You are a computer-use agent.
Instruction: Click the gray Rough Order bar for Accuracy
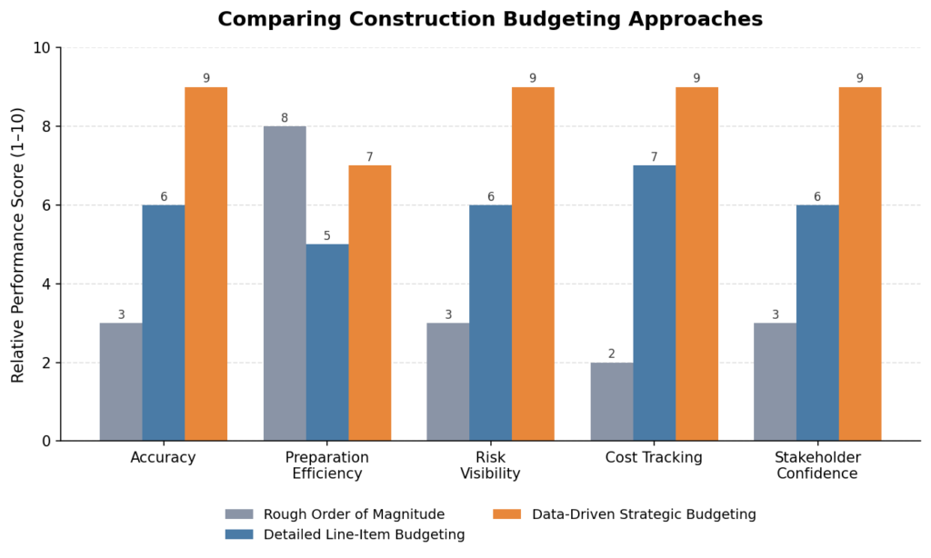pyautogui.click(x=121, y=382)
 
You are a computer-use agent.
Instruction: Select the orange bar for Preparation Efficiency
pyautogui.click(x=370, y=303)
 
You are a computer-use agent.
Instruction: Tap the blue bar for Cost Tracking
pyautogui.click(x=655, y=303)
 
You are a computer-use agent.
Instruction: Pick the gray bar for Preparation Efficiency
pyautogui.click(x=285, y=284)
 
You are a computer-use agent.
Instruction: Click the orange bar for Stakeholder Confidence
pyautogui.click(x=860, y=264)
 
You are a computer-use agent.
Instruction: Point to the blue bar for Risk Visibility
pyautogui.click(x=490, y=323)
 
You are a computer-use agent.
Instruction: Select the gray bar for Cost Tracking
pyautogui.click(x=612, y=402)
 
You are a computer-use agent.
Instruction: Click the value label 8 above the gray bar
pyautogui.click(x=285, y=118)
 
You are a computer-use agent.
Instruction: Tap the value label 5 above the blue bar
pyautogui.click(x=327, y=236)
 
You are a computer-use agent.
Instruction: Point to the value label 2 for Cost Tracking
pyautogui.click(x=612, y=354)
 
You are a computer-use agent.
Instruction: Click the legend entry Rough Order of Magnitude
pyautogui.click(x=335, y=514)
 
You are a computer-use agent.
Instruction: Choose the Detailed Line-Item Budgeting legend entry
pyautogui.click(x=345, y=534)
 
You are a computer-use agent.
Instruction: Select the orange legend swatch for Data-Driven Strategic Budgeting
pyautogui.click(x=507, y=514)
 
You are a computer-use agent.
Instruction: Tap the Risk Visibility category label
pyautogui.click(x=490, y=465)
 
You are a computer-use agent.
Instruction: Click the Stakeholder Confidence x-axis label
pyautogui.click(x=817, y=465)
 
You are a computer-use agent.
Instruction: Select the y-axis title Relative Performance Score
pyautogui.click(x=18, y=245)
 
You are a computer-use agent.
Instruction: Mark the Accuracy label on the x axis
pyautogui.click(x=164, y=458)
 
